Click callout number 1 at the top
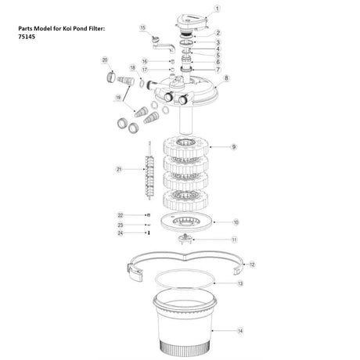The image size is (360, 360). (217, 9)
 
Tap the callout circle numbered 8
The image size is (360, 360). (226, 78)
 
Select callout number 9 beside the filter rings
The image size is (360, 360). (234, 147)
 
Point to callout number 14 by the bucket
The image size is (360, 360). (240, 331)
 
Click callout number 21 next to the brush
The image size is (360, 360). (119, 169)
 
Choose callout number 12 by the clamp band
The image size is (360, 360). (252, 265)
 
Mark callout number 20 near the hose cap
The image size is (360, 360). (105, 60)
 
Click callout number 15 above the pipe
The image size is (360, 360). (142, 28)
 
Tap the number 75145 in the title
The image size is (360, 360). (27, 37)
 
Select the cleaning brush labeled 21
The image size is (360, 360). (149, 171)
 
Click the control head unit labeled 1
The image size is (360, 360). (192, 22)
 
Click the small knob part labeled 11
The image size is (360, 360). (185, 239)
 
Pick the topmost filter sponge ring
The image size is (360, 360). (186, 147)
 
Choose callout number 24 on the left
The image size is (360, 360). (120, 233)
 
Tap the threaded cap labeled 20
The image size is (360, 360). (111, 77)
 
